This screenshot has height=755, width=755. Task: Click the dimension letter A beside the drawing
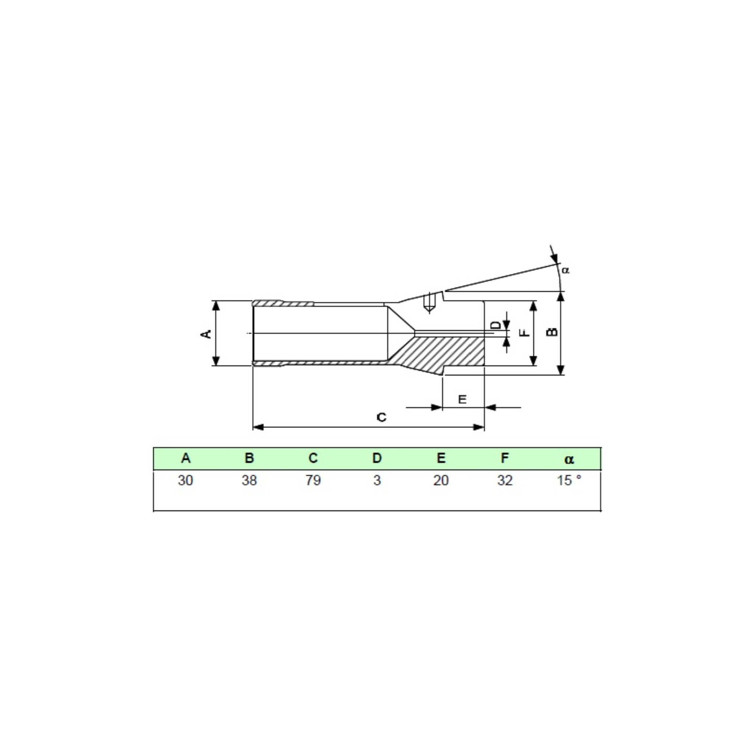point(206,334)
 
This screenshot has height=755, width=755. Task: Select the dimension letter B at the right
point(552,332)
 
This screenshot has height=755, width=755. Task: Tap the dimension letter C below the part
point(382,417)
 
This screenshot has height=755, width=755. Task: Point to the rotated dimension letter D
point(495,325)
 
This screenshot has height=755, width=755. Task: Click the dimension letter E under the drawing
point(462,399)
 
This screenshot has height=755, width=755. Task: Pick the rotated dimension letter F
point(525,333)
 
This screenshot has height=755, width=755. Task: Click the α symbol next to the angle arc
point(566,270)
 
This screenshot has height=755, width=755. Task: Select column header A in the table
point(186,458)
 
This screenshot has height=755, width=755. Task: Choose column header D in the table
point(377,458)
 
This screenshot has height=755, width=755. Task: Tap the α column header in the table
point(569,460)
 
